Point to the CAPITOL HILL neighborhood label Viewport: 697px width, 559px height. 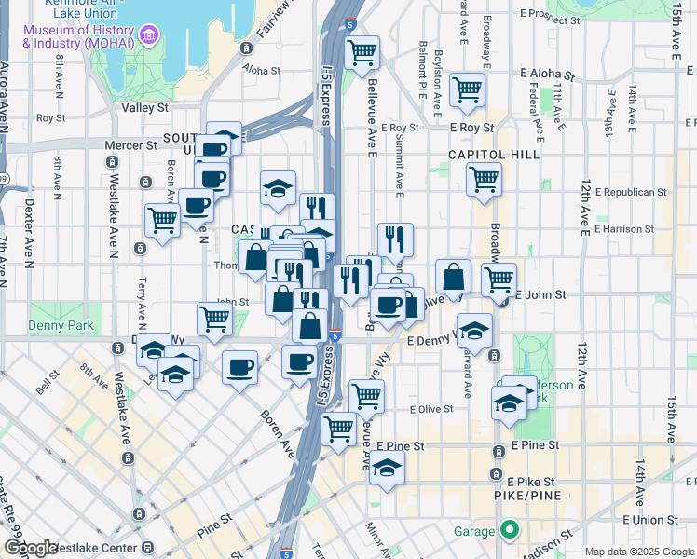pyautogui.click(x=493, y=155)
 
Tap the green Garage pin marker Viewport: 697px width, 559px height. pyautogui.click(x=509, y=532)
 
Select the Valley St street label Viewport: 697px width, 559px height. pyautogui.click(x=144, y=108)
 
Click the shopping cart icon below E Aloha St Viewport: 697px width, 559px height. pyautogui.click(x=466, y=90)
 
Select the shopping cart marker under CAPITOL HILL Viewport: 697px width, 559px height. pyautogui.click(x=484, y=179)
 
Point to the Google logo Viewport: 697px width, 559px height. pyautogui.click(x=31, y=548)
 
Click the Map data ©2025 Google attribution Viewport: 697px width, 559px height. pyautogui.click(x=638, y=552)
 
